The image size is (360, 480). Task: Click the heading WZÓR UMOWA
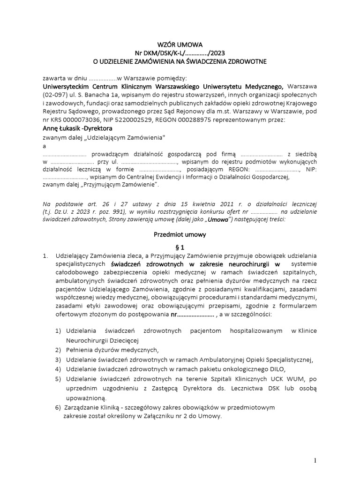[x=180, y=45]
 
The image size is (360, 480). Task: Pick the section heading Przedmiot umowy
[x=180, y=234]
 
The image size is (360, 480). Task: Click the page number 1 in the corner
[x=315, y=461]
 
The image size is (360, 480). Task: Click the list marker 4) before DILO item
[x=58, y=369]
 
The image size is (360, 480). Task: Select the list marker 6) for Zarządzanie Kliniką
[x=58, y=407]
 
